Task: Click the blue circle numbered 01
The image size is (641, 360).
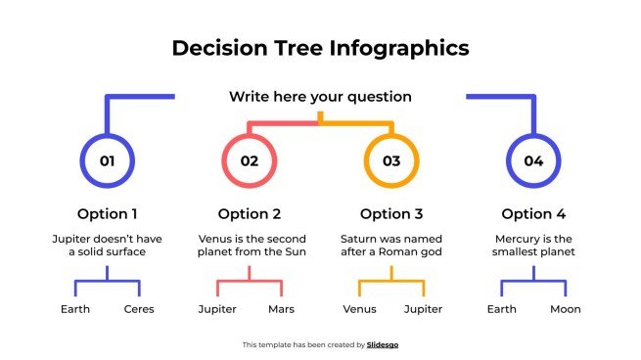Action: (108, 160)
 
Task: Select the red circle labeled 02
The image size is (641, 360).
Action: (250, 160)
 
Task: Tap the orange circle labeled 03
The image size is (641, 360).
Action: (391, 160)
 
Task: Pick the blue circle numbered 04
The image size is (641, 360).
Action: (533, 160)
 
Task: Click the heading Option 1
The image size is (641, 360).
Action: (108, 214)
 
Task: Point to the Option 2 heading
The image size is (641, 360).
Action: (250, 214)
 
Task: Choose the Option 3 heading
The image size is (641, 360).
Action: (391, 214)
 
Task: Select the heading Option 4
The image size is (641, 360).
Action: (533, 214)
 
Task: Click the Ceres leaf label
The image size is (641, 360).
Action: (139, 309)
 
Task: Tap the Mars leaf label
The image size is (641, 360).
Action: (281, 309)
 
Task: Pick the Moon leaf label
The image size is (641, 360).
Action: (565, 309)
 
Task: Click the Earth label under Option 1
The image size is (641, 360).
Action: (75, 309)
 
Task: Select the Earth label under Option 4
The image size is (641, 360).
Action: (501, 309)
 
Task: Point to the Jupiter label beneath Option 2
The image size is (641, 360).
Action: (217, 309)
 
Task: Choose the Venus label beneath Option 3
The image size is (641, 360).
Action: (359, 309)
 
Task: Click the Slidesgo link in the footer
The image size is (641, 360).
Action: (383, 344)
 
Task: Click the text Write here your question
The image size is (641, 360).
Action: (320, 97)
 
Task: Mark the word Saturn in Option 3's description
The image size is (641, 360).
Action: (358, 238)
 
